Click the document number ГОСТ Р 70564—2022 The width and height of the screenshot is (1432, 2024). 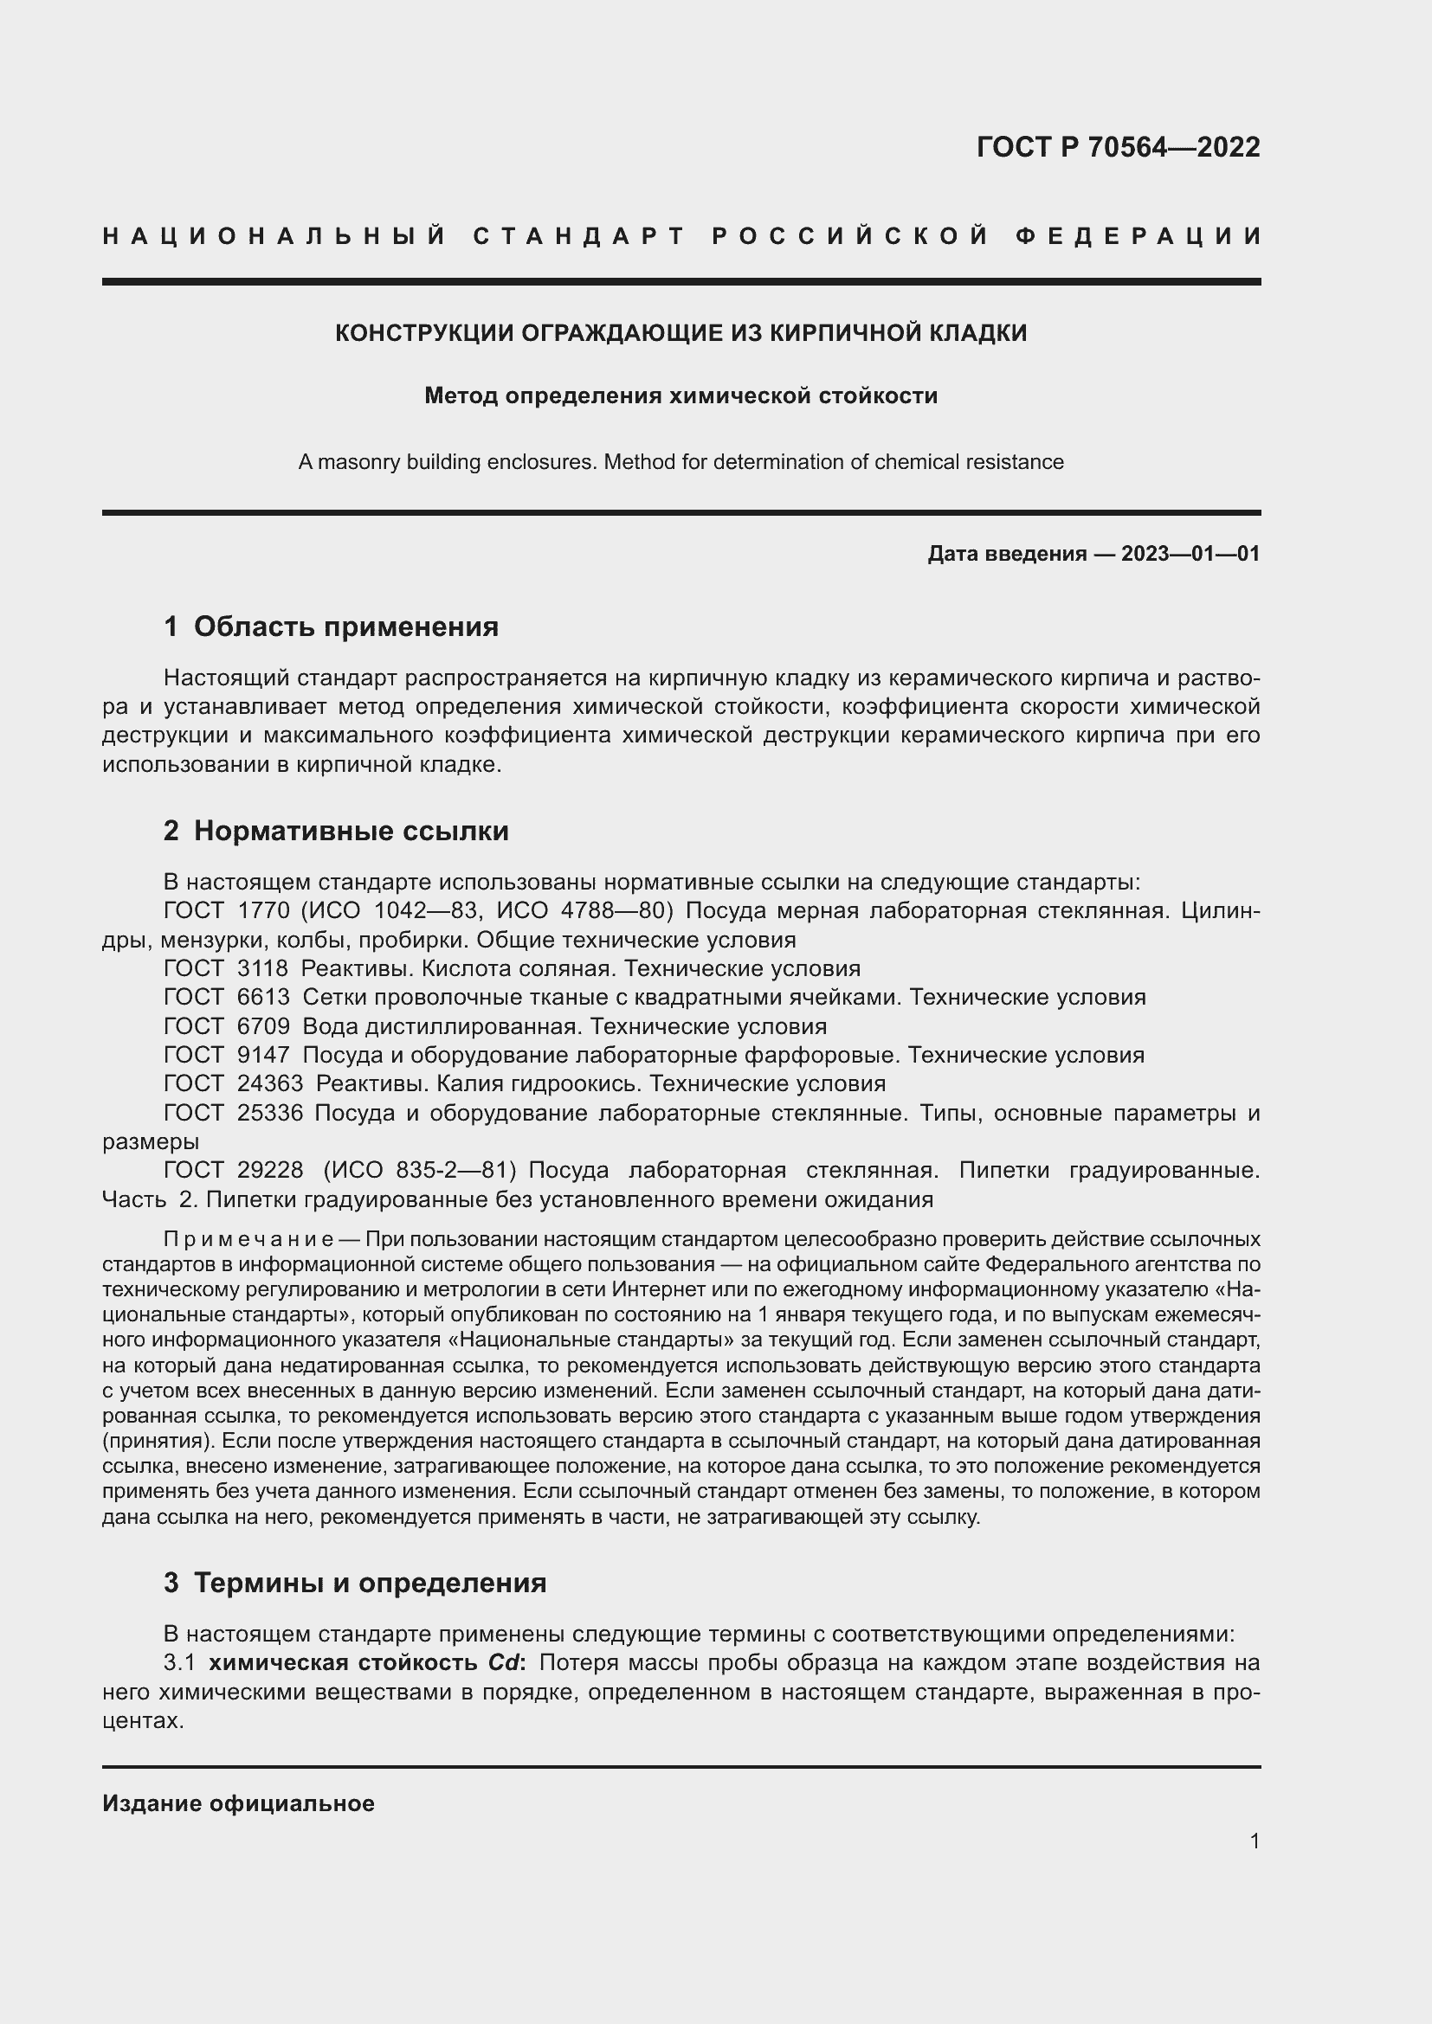[1118, 147]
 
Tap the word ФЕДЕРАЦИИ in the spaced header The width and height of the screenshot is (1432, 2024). [1139, 236]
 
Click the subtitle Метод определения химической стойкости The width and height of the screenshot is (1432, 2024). [681, 395]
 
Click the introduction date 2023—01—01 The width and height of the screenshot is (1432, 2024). [1190, 554]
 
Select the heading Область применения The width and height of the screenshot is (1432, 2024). [345, 626]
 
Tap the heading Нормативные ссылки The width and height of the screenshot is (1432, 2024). [351, 831]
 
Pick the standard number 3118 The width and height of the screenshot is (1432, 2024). [263, 969]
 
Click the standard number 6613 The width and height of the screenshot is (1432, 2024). [263, 997]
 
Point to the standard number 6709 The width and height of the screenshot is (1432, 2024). [263, 1026]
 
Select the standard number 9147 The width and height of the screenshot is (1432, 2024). [263, 1055]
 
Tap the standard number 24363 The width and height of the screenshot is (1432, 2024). [270, 1083]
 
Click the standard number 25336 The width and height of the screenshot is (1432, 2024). [270, 1114]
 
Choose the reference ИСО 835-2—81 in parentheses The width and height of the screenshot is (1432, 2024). [420, 1171]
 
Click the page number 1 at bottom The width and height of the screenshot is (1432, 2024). [1255, 1841]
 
